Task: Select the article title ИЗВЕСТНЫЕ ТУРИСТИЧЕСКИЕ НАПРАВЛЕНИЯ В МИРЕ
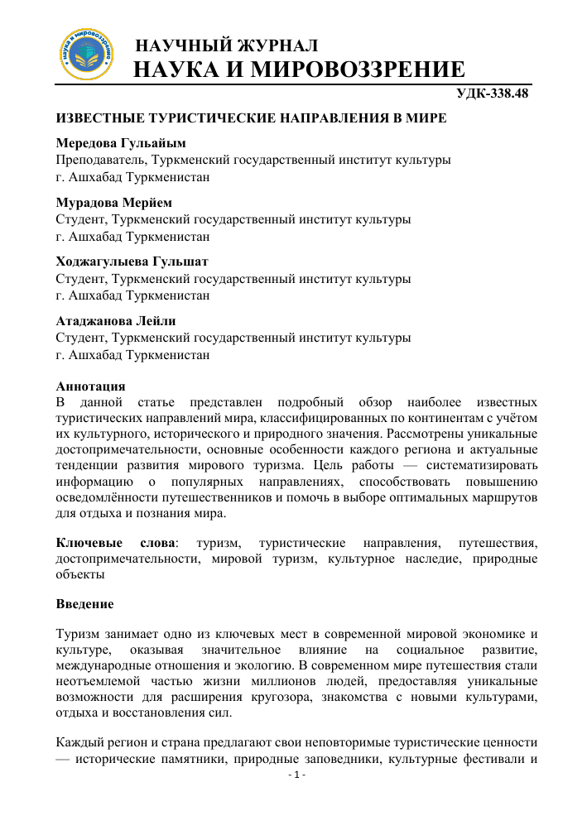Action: pos(251,119)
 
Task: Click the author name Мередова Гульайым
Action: pos(121,143)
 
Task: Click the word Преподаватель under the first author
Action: pos(99,160)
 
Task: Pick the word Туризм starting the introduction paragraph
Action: pos(79,636)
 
